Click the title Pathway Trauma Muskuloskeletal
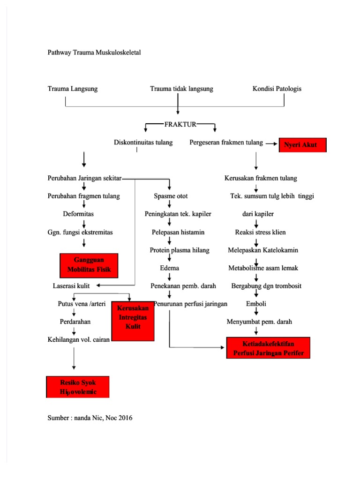[x=94, y=52]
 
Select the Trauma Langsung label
[x=73, y=89]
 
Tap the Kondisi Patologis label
[x=277, y=89]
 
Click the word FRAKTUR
[x=180, y=124]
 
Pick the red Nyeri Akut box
[x=303, y=145]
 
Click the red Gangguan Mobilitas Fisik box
[x=89, y=265]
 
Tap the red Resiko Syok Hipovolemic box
[x=78, y=387]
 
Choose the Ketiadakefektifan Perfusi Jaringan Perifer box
[x=268, y=347]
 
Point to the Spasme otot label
[x=171, y=196]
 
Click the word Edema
[x=169, y=268]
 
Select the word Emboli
[x=256, y=304]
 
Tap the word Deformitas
[x=78, y=214]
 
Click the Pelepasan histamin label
[x=178, y=232]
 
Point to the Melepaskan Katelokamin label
[x=263, y=250]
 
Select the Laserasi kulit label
[x=71, y=285]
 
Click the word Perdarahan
[x=75, y=322]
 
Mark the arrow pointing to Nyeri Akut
[x=271, y=144]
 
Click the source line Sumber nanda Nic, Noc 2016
[x=90, y=418]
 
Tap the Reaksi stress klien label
[x=260, y=232]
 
